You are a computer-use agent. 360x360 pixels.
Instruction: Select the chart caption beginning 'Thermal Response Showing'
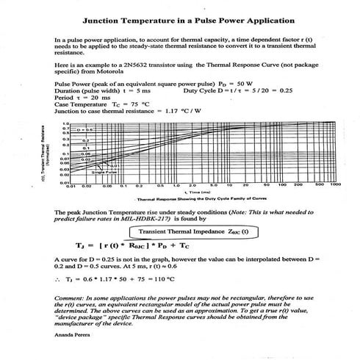pyautogui.click(x=183, y=200)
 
